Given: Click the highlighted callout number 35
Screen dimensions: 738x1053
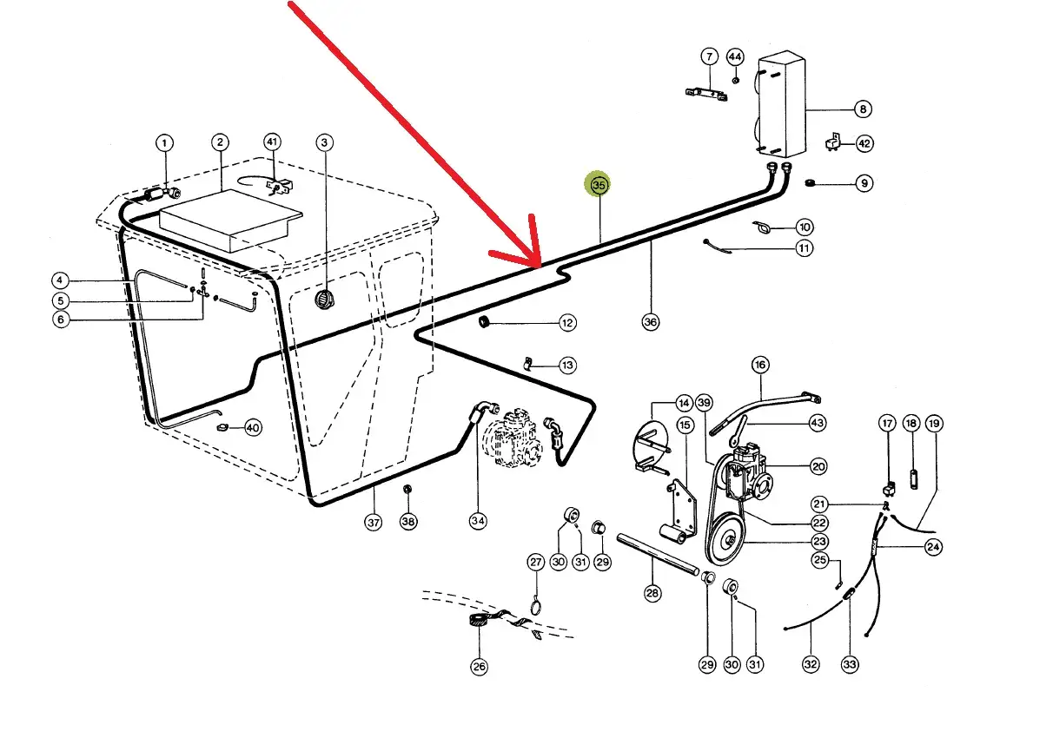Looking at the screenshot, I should pyautogui.click(x=598, y=185).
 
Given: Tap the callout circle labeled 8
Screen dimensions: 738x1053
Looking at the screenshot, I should pyautogui.click(x=862, y=109).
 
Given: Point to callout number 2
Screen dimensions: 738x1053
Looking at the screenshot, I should pyautogui.click(x=220, y=142).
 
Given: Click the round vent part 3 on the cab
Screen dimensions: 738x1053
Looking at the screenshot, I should pyautogui.click(x=324, y=300).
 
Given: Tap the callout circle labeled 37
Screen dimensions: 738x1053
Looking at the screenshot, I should pyautogui.click(x=374, y=522).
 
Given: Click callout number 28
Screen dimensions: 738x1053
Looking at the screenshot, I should pyautogui.click(x=652, y=594).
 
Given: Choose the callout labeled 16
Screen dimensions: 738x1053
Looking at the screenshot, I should pyautogui.click(x=760, y=366).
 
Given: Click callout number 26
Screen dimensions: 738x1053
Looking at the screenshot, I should pyautogui.click(x=479, y=667).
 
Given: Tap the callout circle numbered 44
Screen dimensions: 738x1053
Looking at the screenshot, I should pyautogui.click(x=735, y=57).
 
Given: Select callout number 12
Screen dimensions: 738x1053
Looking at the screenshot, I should pyautogui.click(x=566, y=323).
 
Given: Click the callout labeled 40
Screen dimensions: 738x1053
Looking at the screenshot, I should pyautogui.click(x=252, y=427).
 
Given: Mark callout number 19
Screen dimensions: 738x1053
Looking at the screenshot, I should pyautogui.click(x=933, y=424).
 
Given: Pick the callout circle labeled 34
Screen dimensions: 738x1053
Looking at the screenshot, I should pyautogui.click(x=478, y=521).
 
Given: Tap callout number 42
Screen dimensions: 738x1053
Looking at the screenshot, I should pyautogui.click(x=864, y=143).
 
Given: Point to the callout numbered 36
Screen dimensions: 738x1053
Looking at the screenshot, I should pyautogui.click(x=651, y=322).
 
